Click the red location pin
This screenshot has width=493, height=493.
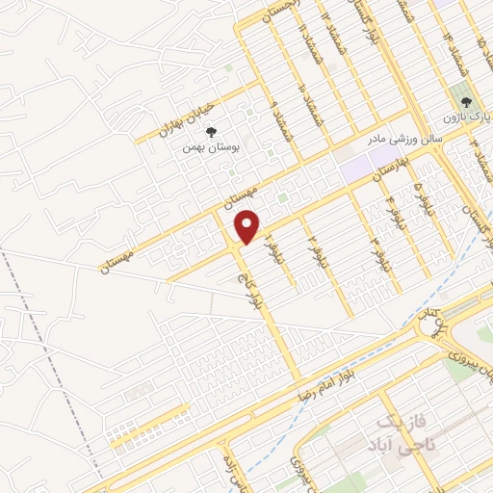pos(248,226)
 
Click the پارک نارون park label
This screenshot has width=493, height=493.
pos(467,117)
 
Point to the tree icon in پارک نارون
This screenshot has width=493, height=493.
pos(466,101)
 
